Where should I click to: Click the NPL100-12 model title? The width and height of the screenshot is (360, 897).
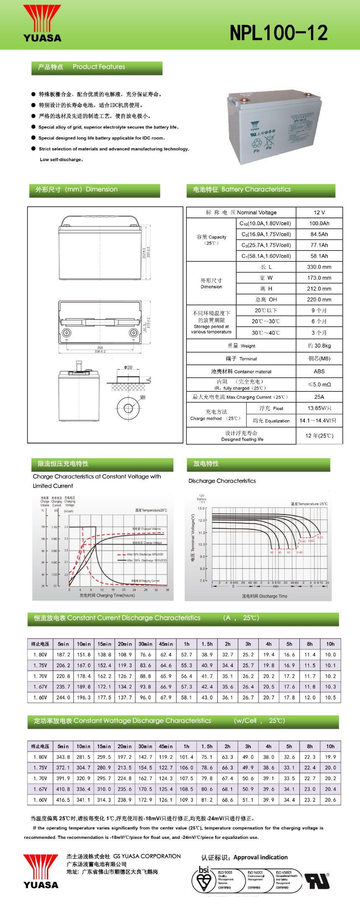278,33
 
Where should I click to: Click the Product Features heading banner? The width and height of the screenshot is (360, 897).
97,67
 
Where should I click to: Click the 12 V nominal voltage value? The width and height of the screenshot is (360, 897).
319,212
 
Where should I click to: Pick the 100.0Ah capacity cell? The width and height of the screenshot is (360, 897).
319,224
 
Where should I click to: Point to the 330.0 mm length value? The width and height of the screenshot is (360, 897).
319,267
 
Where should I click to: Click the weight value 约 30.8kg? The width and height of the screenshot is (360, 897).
319,345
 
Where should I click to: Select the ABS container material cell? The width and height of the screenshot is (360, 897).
319,371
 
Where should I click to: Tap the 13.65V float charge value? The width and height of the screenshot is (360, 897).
319,408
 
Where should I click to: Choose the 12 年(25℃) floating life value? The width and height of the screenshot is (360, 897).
319,436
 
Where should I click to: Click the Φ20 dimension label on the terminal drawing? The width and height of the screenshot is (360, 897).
128,367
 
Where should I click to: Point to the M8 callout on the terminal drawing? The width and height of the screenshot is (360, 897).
143,397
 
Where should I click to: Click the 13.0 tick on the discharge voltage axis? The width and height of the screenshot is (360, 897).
201,508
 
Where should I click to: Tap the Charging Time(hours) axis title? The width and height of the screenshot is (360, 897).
107,595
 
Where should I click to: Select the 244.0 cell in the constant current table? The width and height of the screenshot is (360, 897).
63,697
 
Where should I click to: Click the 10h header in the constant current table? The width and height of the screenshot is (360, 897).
330,644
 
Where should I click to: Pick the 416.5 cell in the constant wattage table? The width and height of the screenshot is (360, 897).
63,799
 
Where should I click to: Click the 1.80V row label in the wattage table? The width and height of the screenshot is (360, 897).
40,757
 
